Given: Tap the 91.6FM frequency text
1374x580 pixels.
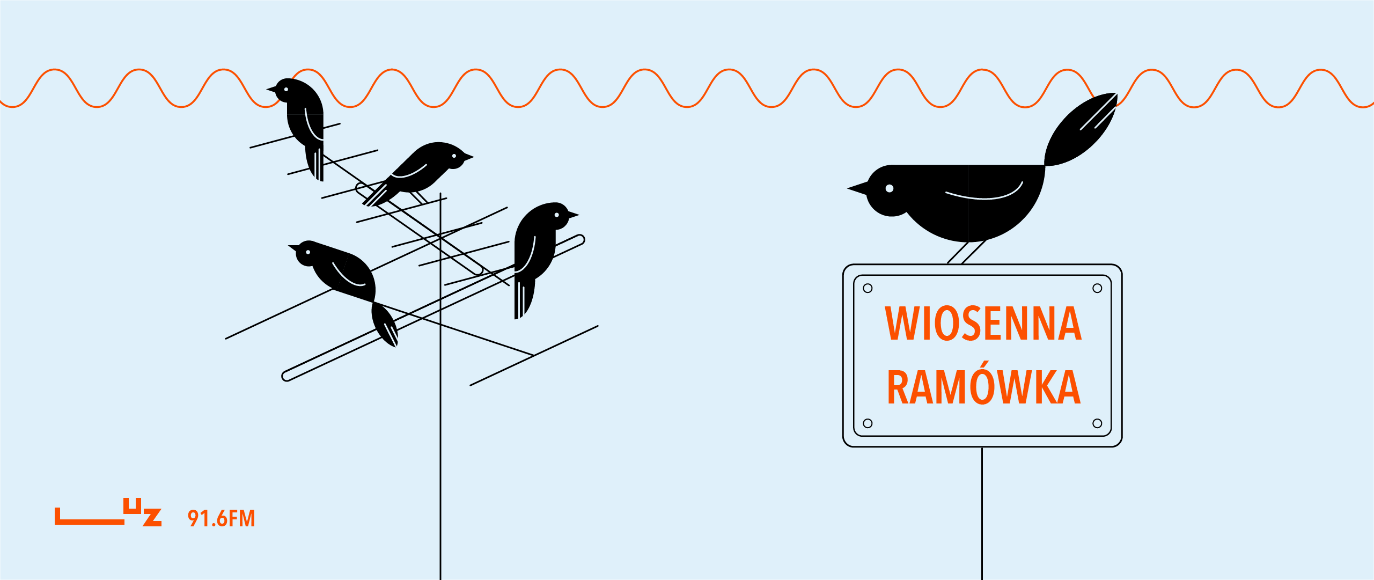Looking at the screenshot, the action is (221, 519).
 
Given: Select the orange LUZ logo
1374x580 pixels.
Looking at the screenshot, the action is (108, 512).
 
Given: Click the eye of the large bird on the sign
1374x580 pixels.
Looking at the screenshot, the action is (890, 188).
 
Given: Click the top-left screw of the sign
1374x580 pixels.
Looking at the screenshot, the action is (868, 288).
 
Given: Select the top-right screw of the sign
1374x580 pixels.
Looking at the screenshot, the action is (1097, 288).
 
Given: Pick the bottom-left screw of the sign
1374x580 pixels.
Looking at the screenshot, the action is (868, 423).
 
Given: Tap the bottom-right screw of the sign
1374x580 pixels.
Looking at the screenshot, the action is (1097, 423).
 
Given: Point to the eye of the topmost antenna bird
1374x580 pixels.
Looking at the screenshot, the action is (286, 89).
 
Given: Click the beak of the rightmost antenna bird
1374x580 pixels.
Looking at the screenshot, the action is (574, 215).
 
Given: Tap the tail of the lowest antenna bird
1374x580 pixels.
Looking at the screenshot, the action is (385, 325).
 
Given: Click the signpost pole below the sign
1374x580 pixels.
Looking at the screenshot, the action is (982, 513).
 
